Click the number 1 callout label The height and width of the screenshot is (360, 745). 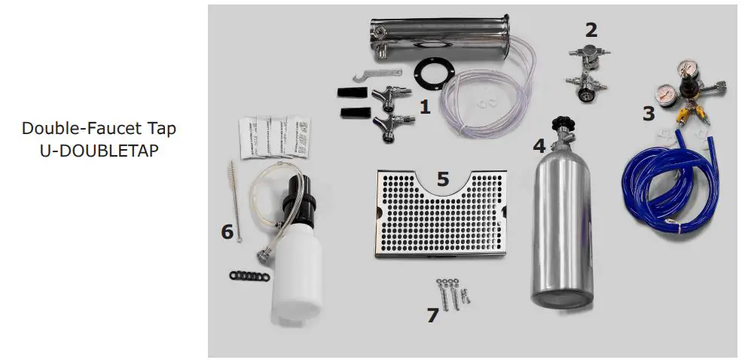pyautogui.click(x=424, y=107)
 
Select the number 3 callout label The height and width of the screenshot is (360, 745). pyautogui.click(x=648, y=114)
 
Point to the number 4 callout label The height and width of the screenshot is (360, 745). pyautogui.click(x=539, y=145)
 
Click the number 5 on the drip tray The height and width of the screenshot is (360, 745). pyautogui.click(x=443, y=179)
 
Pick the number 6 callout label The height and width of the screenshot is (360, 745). pyautogui.click(x=227, y=231)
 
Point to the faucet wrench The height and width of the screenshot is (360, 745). pyautogui.click(x=373, y=73)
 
